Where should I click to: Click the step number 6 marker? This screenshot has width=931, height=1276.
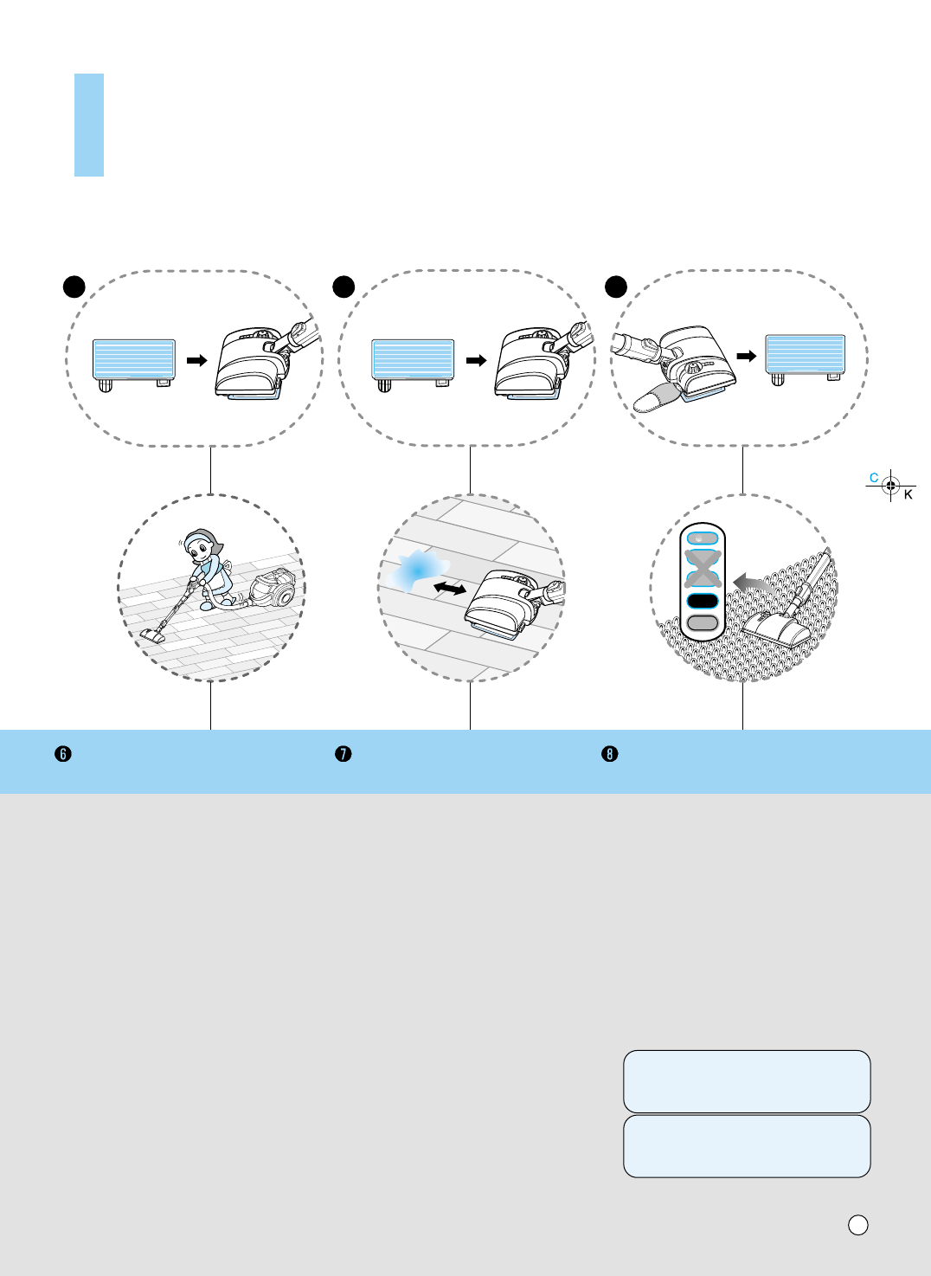point(62,754)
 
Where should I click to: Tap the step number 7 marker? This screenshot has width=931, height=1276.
point(344,754)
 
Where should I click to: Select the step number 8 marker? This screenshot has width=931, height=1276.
point(610,754)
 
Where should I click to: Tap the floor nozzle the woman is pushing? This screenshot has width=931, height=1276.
point(153,635)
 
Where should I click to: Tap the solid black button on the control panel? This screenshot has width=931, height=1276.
point(703,601)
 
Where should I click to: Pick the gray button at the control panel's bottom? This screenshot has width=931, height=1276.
point(703,623)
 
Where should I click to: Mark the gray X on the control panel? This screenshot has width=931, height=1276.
point(703,568)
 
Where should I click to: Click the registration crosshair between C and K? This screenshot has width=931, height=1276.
point(890,486)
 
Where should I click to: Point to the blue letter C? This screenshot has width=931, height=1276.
point(874,478)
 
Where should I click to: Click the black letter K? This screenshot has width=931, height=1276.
point(909,495)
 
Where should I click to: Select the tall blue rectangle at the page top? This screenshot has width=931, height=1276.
point(89,126)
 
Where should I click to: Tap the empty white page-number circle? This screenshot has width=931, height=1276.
point(857,1225)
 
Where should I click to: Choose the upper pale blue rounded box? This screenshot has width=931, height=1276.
point(747,1081)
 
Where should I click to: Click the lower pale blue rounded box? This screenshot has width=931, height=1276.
point(747,1146)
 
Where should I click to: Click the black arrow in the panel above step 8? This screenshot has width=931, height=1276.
point(747,356)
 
